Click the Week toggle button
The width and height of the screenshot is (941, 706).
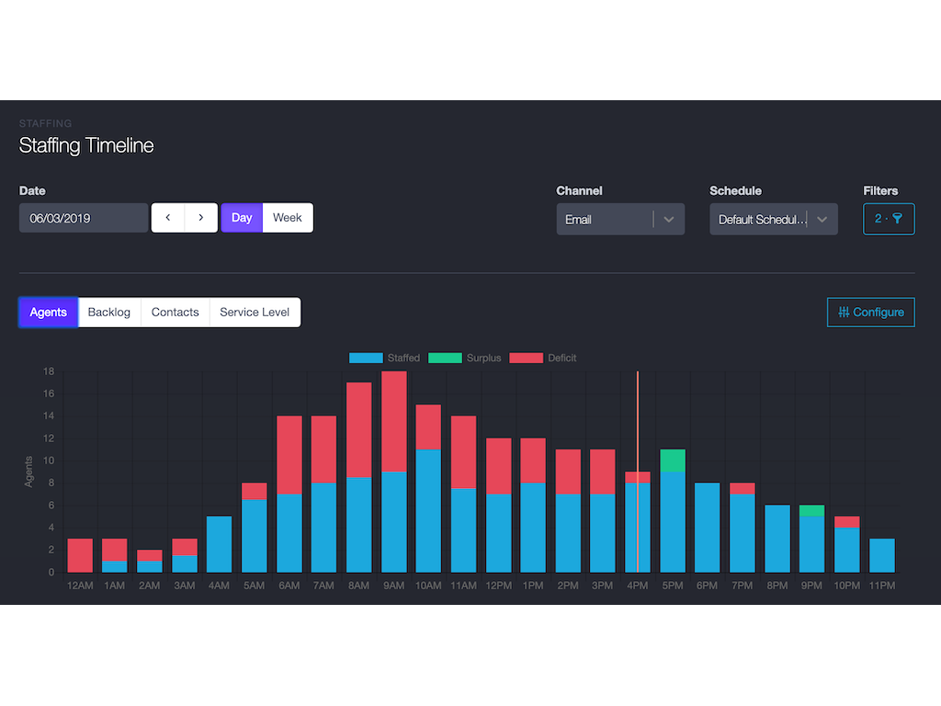coord(288,218)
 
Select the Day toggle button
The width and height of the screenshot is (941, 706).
coord(242,218)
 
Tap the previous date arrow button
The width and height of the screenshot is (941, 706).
coord(168,218)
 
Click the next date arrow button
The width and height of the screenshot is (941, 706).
coord(201,218)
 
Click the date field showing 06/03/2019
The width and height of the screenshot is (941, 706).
coord(84,219)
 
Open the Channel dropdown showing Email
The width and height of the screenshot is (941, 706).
coord(620,220)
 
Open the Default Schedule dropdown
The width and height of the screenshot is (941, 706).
coord(773,220)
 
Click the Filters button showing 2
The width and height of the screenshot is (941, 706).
coord(889,219)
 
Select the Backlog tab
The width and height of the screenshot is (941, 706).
coord(109,313)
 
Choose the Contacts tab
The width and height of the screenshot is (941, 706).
coord(176,313)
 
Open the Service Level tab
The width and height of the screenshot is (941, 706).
coord(255,313)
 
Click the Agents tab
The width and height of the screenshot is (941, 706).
coord(49,313)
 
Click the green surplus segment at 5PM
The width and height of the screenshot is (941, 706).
coord(673,461)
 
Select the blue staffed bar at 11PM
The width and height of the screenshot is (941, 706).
coord(882,555)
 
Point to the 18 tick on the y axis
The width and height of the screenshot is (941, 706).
coord(49,371)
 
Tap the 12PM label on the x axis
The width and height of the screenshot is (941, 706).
coord(499,586)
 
